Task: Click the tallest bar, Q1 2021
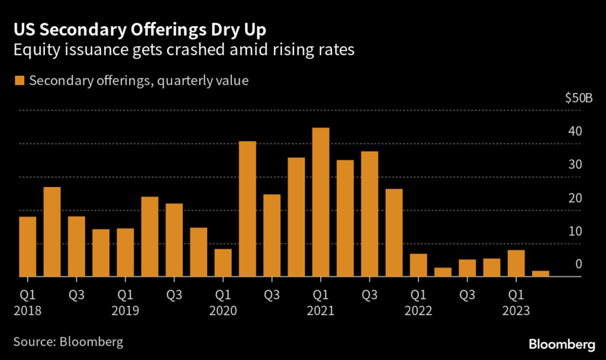tap(321, 202)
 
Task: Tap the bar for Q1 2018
tap(27, 246)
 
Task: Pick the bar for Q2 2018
tap(52, 232)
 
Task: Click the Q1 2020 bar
tap(223, 262)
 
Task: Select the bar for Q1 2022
tap(418, 265)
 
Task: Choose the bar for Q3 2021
tap(369, 214)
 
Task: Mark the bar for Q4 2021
tap(394, 233)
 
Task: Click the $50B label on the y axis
tap(578, 98)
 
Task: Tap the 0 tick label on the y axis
tap(579, 264)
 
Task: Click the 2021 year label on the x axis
tap(320, 310)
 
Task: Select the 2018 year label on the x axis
tap(27, 310)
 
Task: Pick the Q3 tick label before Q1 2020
tap(174, 294)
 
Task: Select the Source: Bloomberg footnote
tap(69, 342)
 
